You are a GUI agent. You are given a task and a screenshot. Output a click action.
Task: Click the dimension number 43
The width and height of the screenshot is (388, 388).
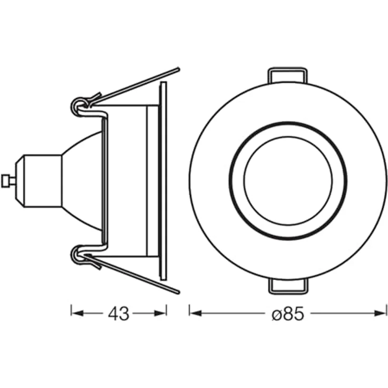pos(119,314)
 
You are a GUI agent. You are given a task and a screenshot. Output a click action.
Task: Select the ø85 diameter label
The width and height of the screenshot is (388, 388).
pos(288,314)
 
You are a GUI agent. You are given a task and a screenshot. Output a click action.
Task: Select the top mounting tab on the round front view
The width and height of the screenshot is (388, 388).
pos(287,74)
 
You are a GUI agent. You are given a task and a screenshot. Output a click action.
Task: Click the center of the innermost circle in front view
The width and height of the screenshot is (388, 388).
pos(288,180)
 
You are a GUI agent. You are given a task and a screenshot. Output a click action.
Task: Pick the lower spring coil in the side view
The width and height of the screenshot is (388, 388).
pos(79,256)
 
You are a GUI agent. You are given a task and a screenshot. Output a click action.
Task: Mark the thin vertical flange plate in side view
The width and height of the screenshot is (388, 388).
pos(163,180)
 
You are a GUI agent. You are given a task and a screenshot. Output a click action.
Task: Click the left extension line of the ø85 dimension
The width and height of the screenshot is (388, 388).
pos(189,311)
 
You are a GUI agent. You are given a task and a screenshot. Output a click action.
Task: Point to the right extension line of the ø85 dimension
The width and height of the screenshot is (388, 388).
pos(387,311)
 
